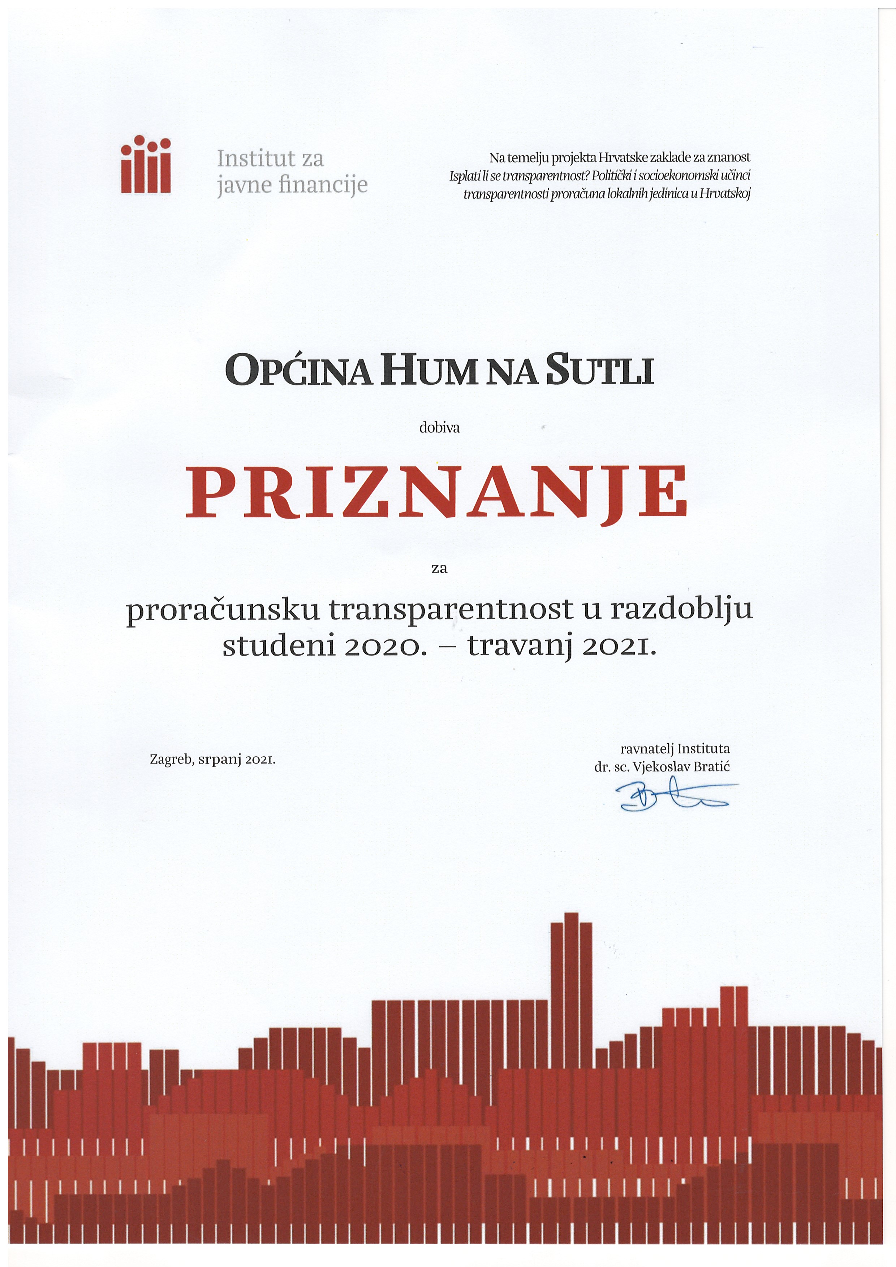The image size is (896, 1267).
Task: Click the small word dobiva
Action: pyautogui.click(x=439, y=428)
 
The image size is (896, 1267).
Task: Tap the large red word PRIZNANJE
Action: pyautogui.click(x=436, y=492)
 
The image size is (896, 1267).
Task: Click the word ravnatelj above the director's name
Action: pyautogui.click(x=646, y=749)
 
